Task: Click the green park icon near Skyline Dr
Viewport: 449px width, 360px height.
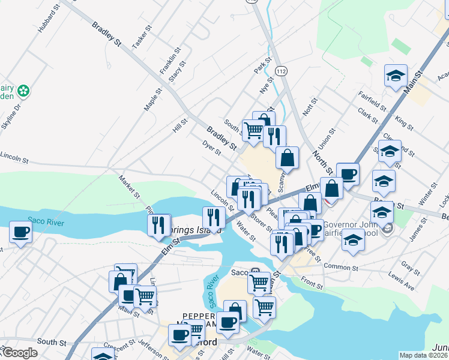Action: [23, 91]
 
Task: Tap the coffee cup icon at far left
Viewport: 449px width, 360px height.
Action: [20, 232]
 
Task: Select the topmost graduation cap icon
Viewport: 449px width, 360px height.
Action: [396, 76]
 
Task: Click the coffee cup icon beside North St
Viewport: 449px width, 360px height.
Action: [348, 175]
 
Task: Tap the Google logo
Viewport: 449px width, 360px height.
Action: [19, 353]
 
